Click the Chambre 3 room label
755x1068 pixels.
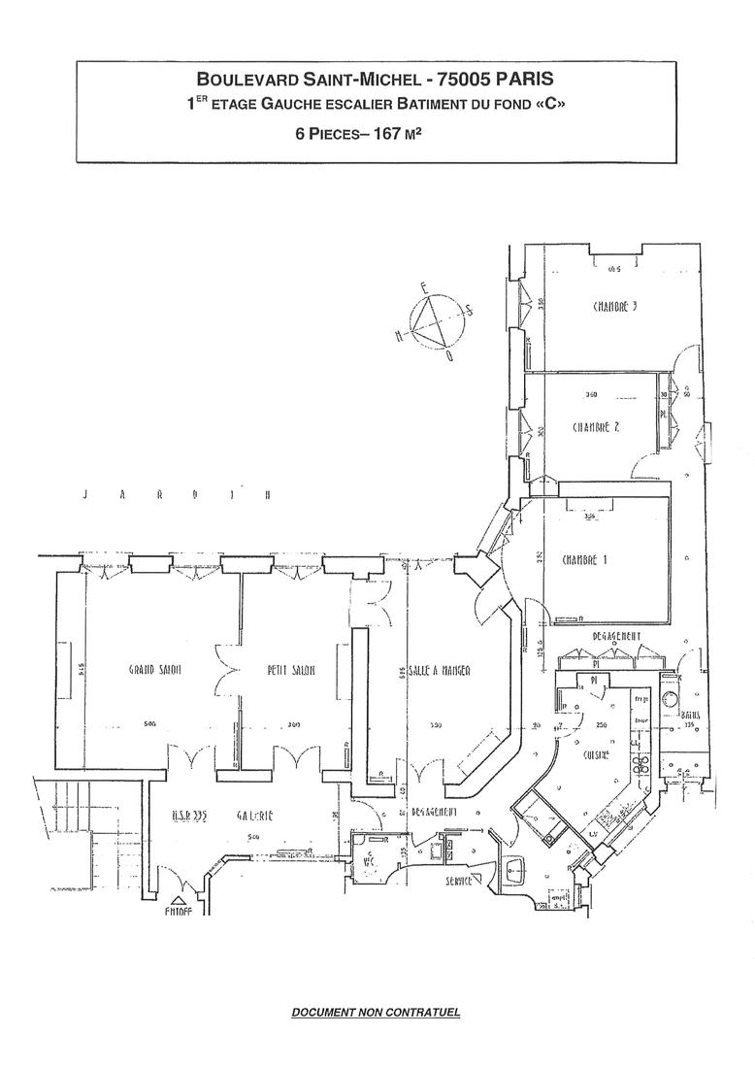pos(614,308)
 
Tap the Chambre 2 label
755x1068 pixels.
pos(597,427)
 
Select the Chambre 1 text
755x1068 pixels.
pos(585,560)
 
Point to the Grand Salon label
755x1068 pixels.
pos(157,670)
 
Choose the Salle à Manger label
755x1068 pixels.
pos(439,670)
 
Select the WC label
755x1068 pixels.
pos(369,858)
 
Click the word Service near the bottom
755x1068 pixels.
pos(459,881)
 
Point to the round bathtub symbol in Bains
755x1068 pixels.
pos(669,698)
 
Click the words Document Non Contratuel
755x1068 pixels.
pos(377,1013)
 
